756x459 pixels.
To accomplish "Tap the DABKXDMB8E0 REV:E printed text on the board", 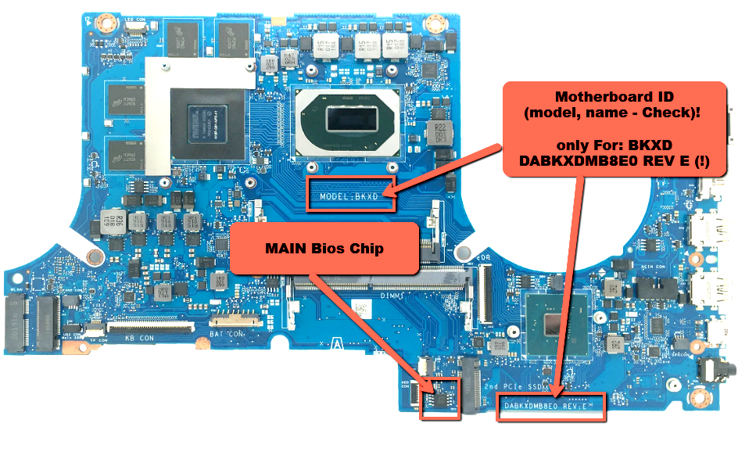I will [551, 406].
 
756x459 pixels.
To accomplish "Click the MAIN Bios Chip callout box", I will [329, 249].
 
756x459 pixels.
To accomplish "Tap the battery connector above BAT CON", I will [232, 320].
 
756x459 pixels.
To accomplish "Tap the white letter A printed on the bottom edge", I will [335, 342].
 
